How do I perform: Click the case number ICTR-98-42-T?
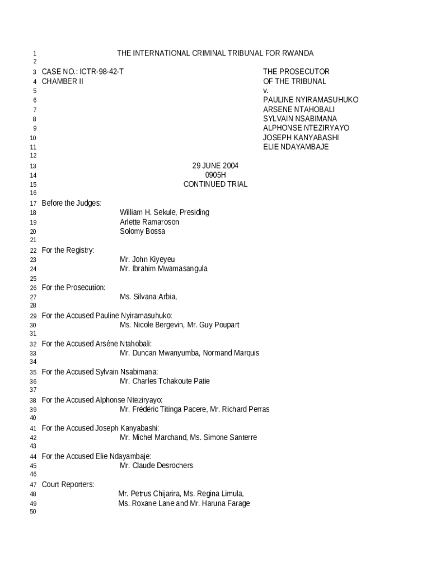click(102, 72)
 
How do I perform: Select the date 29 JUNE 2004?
click(215, 165)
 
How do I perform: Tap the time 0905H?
click(215, 175)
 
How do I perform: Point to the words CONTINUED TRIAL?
click(215, 184)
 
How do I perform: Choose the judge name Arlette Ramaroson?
click(149, 222)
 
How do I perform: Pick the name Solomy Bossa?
click(142, 232)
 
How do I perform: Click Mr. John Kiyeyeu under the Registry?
click(147, 260)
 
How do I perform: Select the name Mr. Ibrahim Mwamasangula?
click(163, 269)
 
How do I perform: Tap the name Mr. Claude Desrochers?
click(156, 466)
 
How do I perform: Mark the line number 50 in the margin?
click(32, 512)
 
